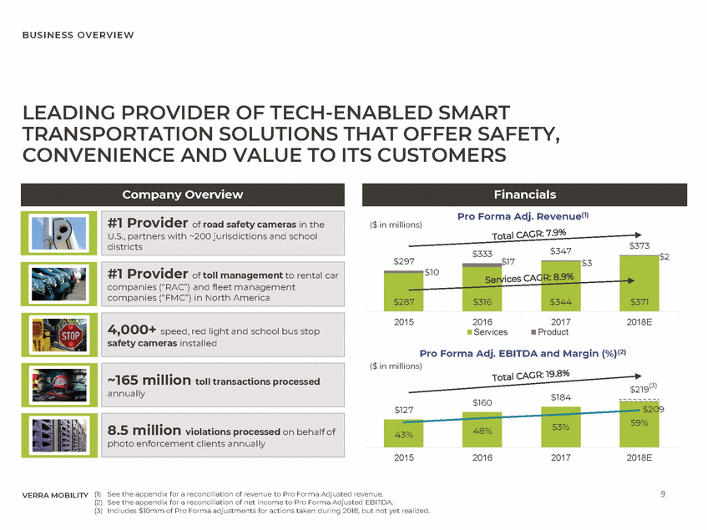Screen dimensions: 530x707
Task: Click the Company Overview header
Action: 183,194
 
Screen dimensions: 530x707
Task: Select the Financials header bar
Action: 524,194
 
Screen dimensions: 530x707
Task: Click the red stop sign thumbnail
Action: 54,336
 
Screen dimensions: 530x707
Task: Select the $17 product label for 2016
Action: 508,262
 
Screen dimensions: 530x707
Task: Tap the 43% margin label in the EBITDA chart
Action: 403,435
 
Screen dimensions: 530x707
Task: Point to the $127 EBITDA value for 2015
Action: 404,409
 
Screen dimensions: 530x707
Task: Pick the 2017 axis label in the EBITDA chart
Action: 561,457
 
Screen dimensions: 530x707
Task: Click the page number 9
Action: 662,495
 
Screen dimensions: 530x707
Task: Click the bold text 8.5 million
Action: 144,430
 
